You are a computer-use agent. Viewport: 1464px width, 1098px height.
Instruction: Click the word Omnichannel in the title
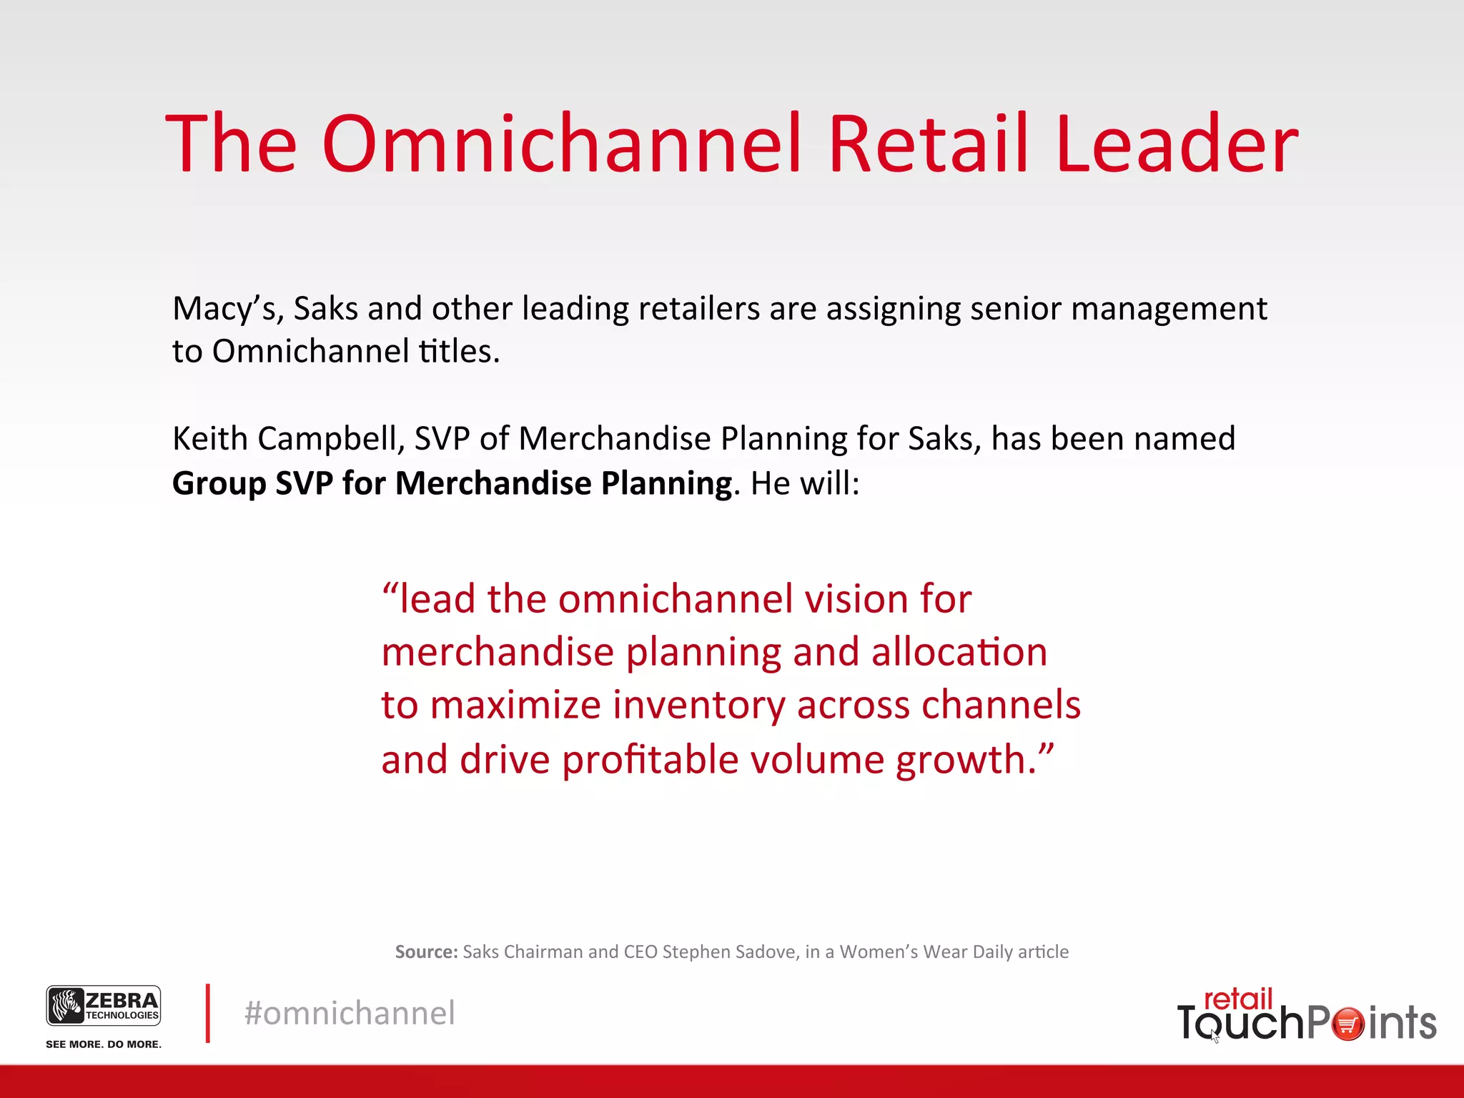[561, 144]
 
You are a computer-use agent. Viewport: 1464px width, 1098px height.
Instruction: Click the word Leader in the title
[1176, 144]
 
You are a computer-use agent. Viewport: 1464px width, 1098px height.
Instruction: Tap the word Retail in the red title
[928, 144]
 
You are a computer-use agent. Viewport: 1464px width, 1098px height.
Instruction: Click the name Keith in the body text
[211, 439]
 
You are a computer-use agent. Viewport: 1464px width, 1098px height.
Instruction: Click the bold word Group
[219, 484]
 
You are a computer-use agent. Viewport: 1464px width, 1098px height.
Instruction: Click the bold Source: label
[426, 952]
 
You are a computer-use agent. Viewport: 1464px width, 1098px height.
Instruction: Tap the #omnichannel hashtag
[350, 1014]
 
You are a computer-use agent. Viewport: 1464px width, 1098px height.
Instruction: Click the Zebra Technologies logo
[104, 1006]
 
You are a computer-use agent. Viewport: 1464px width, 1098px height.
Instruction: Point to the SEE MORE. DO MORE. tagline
[104, 1044]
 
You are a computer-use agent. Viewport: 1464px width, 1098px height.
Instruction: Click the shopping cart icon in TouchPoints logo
[1347, 1024]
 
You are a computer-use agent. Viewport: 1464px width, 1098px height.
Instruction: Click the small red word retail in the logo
[1238, 999]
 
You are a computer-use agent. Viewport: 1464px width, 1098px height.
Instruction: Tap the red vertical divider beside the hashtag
[208, 1014]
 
